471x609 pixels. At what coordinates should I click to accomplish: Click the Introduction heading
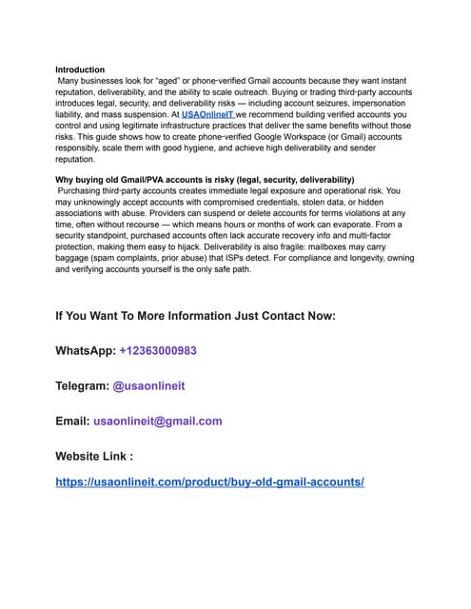coord(80,69)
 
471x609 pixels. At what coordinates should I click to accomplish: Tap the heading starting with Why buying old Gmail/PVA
coord(205,179)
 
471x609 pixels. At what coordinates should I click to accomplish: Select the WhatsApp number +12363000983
coord(158,351)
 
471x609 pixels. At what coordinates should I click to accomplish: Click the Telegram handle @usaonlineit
coord(149,385)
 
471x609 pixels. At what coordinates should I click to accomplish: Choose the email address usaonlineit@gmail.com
coord(158,421)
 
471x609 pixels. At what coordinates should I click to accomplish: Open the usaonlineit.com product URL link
coord(210,482)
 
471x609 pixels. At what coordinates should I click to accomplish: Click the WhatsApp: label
coord(86,351)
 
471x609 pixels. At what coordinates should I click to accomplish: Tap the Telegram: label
coord(82,385)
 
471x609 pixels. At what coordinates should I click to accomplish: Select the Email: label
coord(72,421)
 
